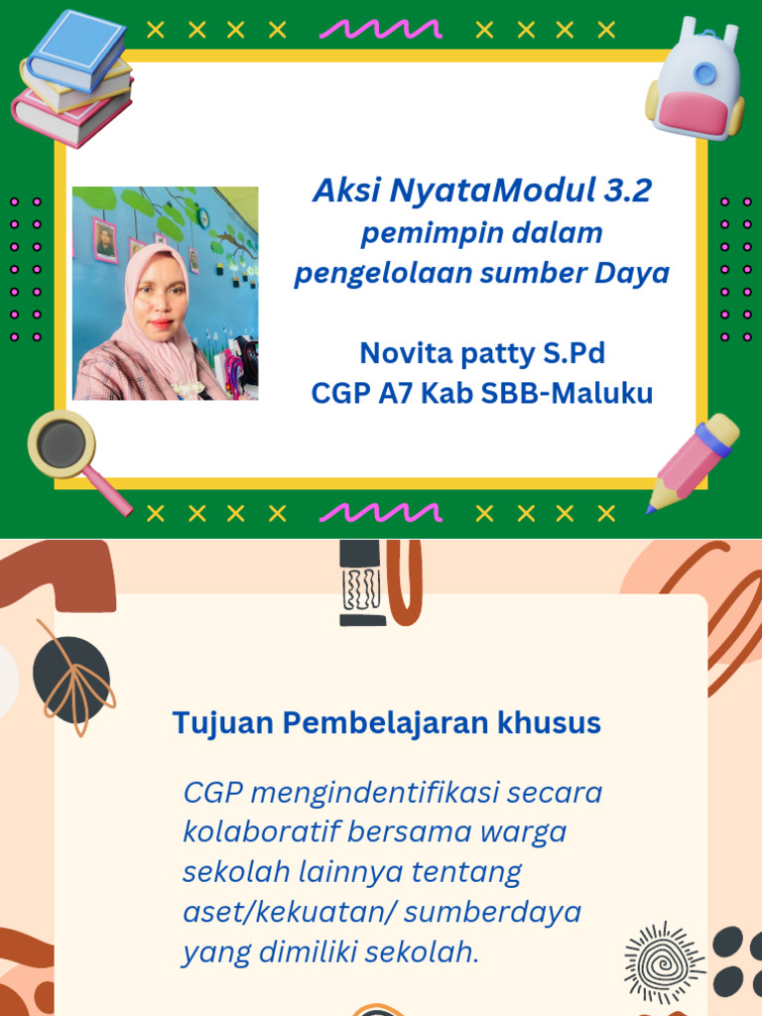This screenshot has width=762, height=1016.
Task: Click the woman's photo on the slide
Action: click(x=165, y=294)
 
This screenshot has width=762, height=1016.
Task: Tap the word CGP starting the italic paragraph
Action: click(x=212, y=794)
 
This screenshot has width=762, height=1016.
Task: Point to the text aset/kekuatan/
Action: click(x=289, y=912)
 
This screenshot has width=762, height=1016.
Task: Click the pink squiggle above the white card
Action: click(x=380, y=29)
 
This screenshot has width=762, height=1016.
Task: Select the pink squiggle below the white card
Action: click(x=380, y=512)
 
